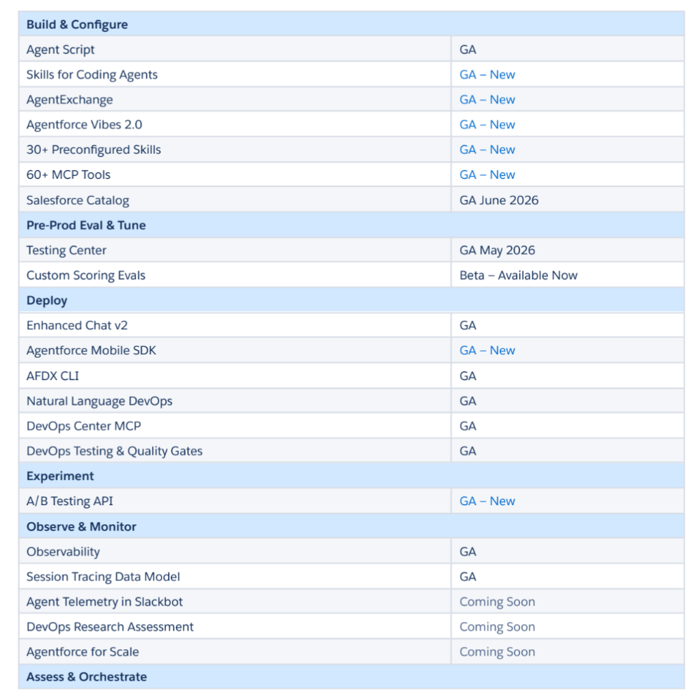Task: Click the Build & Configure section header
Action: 77,25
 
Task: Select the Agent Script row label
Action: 61,50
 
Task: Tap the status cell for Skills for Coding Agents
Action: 487,75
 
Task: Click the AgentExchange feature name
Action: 70,100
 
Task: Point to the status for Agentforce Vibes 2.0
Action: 487,125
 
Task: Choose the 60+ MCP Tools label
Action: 68,175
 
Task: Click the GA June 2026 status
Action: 499,201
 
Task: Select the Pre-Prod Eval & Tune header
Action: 86,225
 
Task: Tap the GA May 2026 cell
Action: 498,251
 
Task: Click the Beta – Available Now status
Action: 519,276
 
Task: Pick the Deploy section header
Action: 47,301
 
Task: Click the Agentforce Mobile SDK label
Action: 91,351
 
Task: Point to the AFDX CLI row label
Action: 53,376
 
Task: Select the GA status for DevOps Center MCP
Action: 468,426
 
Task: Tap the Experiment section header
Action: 60,476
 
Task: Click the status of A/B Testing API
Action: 487,501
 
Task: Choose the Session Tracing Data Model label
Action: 103,577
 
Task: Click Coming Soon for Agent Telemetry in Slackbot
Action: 497,602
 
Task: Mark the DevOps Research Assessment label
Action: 110,627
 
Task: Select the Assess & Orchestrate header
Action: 87,677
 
